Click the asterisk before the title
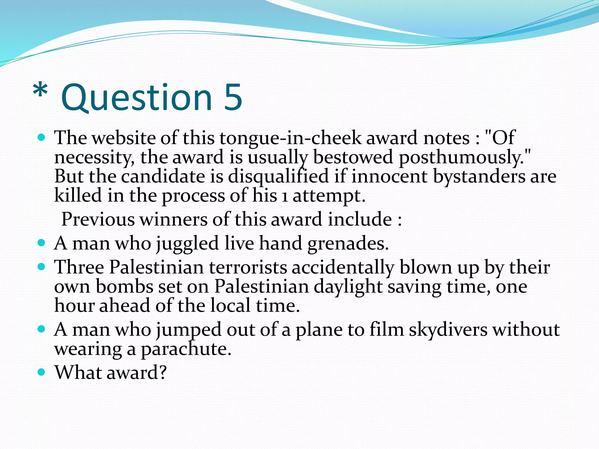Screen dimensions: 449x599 click(40, 91)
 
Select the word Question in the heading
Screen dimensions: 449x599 click(136, 98)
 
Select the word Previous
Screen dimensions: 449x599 click(98, 219)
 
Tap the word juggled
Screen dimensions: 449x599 click(187, 244)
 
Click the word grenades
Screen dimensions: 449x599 click(348, 244)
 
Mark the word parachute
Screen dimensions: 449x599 click(186, 349)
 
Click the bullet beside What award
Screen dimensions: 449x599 click(42, 372)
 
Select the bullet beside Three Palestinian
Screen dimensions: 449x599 click(42, 267)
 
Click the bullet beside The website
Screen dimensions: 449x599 click(42, 137)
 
